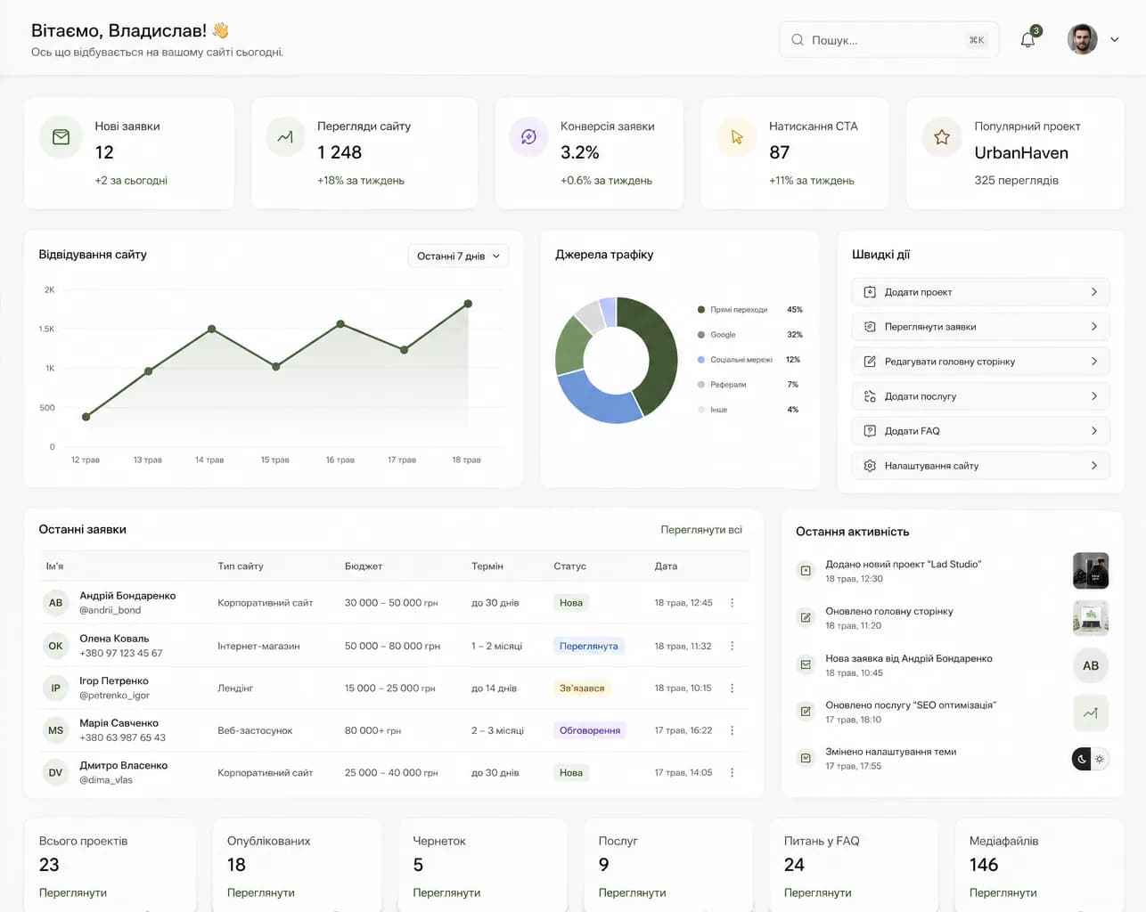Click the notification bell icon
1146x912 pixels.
pos(1027,40)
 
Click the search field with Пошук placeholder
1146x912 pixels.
pos(888,40)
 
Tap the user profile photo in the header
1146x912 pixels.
pos(1082,39)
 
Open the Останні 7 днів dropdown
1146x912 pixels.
pos(458,256)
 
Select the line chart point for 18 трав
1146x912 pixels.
pos(468,304)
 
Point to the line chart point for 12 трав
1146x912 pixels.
pos(86,417)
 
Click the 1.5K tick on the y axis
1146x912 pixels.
pos(47,329)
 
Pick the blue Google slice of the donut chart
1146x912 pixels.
pos(596,401)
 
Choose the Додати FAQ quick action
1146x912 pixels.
pos(981,431)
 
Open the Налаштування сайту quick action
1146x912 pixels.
pos(981,466)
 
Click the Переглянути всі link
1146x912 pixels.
pos(700,530)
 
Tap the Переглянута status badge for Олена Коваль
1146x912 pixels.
pos(588,646)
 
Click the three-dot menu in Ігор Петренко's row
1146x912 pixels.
pos(733,688)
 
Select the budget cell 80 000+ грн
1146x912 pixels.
pos(372,730)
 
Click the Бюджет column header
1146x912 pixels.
pos(364,566)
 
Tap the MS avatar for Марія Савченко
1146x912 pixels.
pos(55,730)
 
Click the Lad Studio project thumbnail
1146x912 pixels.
pos(1091,571)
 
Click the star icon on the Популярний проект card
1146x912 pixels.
pos(942,137)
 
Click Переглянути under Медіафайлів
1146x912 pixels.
pos(1003,892)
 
